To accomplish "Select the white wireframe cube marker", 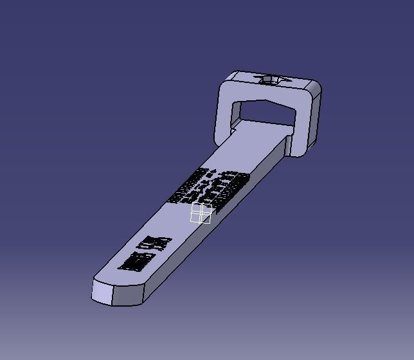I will (x=202, y=213).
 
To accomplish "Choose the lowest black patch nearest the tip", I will (x=134, y=261).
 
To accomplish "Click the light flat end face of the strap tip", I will (x=103, y=292).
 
